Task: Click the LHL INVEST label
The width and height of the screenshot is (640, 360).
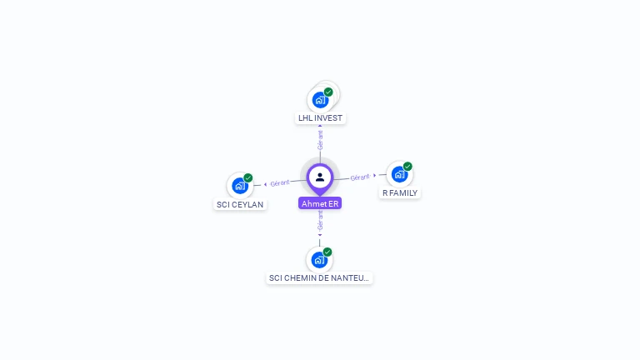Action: (321, 118)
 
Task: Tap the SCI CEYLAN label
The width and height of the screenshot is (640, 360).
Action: (240, 204)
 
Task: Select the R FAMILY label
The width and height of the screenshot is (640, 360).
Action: (400, 192)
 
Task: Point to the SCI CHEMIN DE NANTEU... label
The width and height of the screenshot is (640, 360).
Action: (319, 278)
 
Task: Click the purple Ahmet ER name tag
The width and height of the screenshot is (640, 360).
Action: (320, 203)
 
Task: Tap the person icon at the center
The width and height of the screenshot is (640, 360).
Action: (320, 177)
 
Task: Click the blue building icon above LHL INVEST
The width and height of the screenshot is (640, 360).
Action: (320, 100)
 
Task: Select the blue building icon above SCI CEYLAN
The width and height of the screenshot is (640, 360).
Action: (240, 186)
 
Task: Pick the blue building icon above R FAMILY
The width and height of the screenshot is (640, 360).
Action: (399, 175)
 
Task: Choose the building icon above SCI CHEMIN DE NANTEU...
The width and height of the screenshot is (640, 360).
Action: (319, 260)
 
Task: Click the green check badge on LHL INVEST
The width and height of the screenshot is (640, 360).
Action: (328, 92)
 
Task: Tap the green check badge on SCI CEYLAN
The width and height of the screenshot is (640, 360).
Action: (248, 178)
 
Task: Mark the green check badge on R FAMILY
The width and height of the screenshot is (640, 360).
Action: (407, 167)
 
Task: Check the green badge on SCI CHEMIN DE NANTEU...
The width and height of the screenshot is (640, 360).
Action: (327, 252)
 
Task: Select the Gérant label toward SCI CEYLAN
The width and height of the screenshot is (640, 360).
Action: (280, 182)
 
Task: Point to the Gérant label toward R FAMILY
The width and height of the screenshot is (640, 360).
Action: (359, 177)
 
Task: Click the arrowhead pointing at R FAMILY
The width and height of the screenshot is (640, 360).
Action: (375, 175)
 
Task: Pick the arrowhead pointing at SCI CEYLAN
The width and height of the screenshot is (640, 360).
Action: (265, 184)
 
